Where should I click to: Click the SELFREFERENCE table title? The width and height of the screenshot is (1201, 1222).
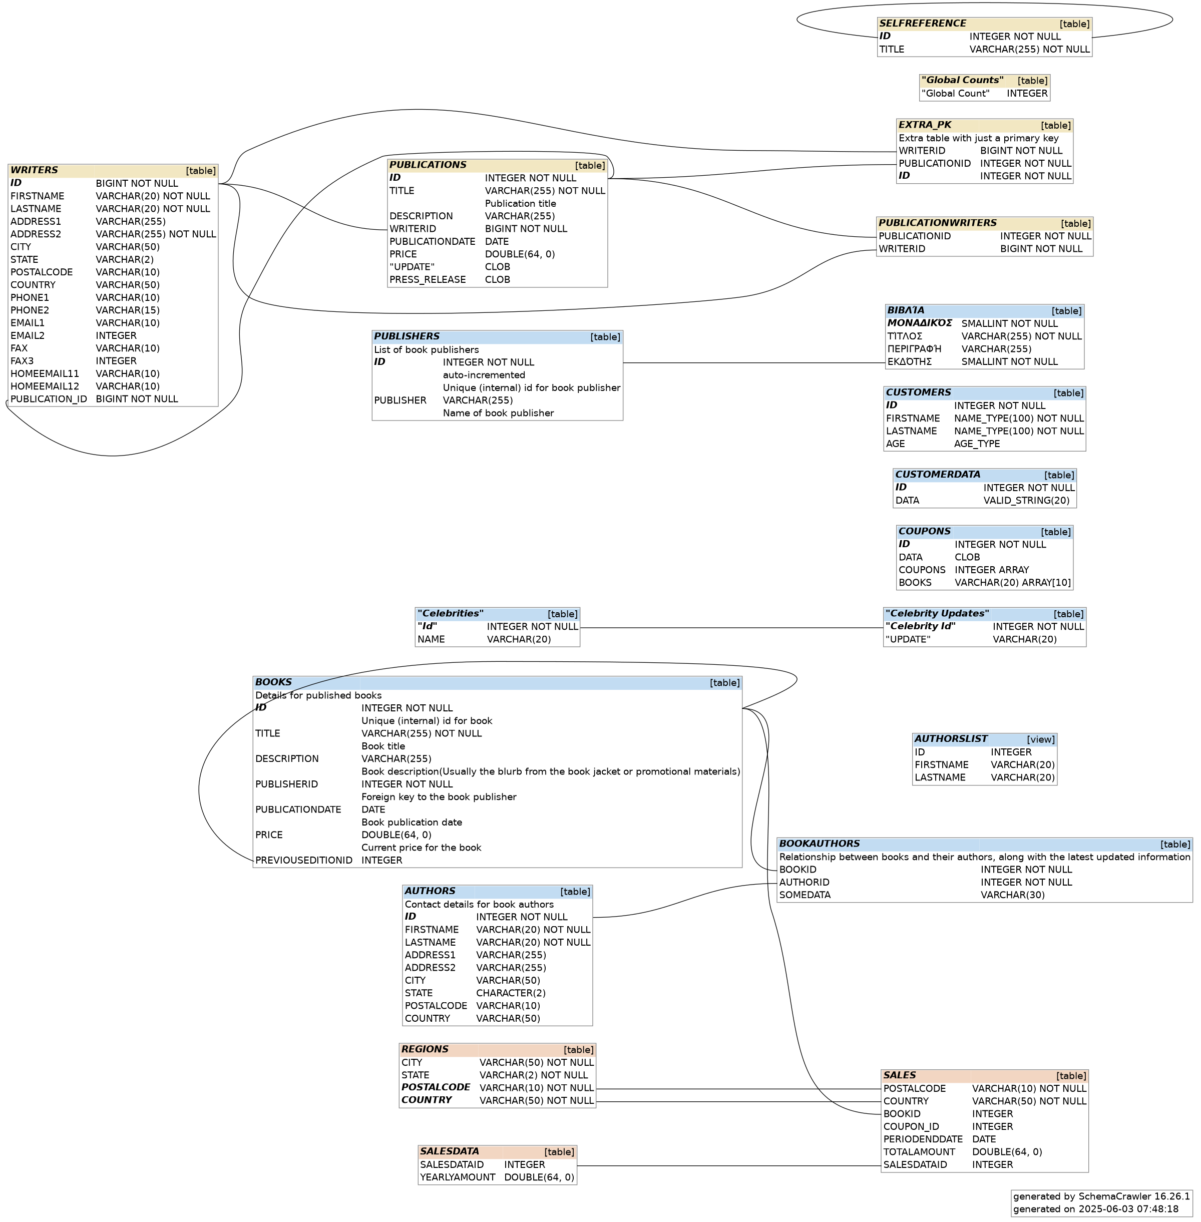(922, 24)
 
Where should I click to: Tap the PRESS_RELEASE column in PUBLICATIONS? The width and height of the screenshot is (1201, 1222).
(428, 279)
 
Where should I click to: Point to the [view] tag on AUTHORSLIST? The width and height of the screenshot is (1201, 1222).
(1041, 739)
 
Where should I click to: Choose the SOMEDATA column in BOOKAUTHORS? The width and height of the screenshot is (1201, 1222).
(805, 895)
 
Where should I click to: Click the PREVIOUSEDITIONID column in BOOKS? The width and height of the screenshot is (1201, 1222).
(304, 860)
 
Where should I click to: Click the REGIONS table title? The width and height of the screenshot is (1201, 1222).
(425, 1049)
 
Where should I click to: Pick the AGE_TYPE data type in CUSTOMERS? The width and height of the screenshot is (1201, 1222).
(977, 444)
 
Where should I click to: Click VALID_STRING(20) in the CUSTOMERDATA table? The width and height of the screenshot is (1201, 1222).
(1026, 500)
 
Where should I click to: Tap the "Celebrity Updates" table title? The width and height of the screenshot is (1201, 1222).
(937, 614)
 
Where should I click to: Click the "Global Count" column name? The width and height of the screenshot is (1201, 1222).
(956, 94)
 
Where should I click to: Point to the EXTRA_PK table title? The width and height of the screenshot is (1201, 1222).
(925, 125)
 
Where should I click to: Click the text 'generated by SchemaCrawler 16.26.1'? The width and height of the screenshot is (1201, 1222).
(1101, 1196)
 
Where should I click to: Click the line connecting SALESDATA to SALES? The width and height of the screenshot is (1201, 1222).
(728, 1165)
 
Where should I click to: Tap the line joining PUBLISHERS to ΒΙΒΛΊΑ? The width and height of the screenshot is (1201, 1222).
(754, 363)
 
